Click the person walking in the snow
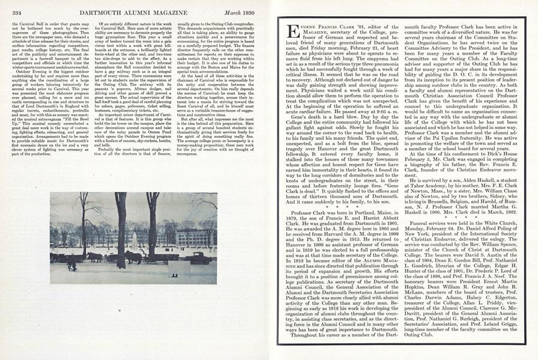[71, 263]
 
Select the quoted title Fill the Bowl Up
[75, 104]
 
